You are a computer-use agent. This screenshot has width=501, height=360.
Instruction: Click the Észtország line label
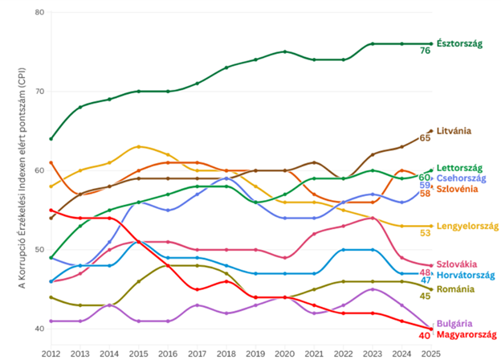pyautogui.click(x=460, y=43)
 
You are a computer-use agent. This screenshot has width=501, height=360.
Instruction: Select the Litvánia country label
pyautogui.click(x=454, y=130)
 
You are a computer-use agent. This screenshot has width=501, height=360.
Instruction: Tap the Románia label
pyautogui.click(x=454, y=288)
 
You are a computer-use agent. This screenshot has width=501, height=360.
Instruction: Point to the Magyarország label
pyautogui.click(x=464, y=333)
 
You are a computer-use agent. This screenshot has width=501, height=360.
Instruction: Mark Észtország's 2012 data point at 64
pyautogui.click(x=51, y=139)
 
